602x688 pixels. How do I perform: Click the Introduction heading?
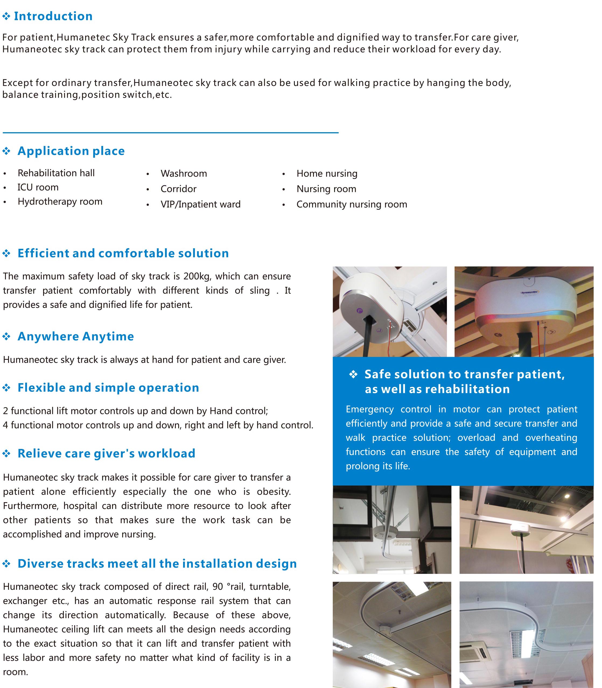(53, 16)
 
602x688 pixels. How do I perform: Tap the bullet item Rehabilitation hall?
(56, 173)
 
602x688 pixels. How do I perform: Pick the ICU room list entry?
(38, 187)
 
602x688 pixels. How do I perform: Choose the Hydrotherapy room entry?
(60, 202)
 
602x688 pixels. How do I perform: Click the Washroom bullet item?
(184, 173)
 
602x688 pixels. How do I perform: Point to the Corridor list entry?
(178, 189)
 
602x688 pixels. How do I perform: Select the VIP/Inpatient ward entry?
(201, 204)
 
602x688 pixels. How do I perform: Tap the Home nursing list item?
(327, 173)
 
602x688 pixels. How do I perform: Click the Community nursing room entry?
(352, 204)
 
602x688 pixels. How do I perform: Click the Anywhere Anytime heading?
(76, 336)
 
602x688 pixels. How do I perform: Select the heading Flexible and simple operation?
(108, 388)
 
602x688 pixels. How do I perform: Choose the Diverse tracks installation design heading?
(157, 563)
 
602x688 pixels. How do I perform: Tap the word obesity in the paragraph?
(273, 491)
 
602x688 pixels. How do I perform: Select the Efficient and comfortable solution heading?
(123, 253)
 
